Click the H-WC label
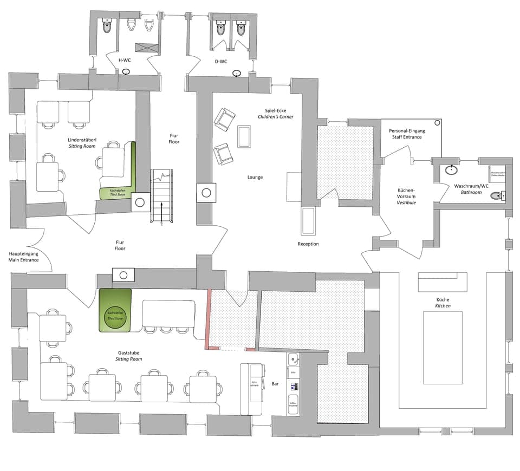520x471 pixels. (125, 61)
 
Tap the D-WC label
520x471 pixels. (221, 61)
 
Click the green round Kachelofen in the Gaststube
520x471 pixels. (115, 316)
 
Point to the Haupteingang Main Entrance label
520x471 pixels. (24, 257)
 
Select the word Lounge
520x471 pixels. (255, 177)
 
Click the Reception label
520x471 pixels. (308, 244)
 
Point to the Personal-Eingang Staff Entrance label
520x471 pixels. (407, 134)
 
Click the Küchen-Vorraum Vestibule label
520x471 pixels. (406, 196)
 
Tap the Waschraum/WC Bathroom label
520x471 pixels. (471, 189)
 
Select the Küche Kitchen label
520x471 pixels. (443, 303)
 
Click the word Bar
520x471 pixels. (275, 383)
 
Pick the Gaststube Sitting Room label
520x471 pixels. (128, 355)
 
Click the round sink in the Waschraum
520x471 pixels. (451, 169)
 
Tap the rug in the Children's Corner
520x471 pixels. (244, 136)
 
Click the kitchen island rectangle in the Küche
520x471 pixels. (443, 347)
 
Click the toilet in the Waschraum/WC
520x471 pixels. (496, 196)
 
